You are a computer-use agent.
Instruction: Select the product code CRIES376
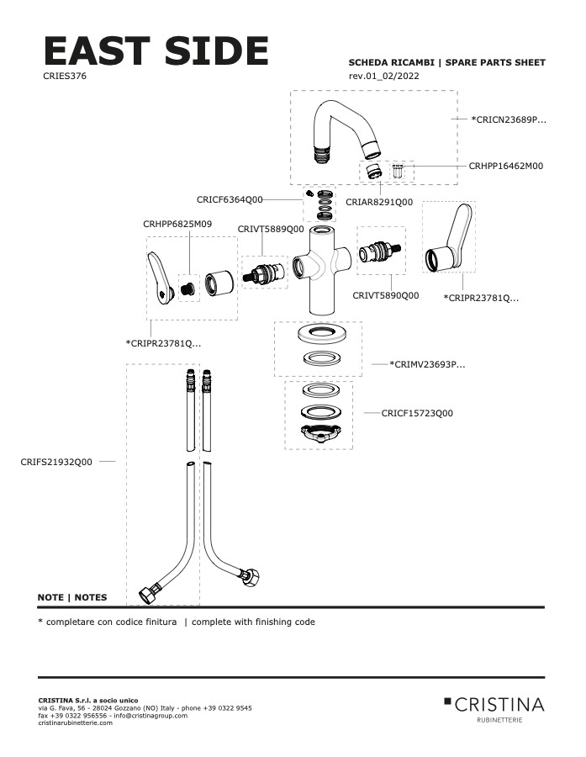point(65,76)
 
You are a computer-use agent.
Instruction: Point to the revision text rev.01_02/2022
point(383,77)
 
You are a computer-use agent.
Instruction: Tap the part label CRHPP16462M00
point(505,167)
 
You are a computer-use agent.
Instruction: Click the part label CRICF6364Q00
point(230,200)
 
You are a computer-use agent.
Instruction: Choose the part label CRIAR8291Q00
point(379,203)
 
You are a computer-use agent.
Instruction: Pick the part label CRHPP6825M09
point(177,224)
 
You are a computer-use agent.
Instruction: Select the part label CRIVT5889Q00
point(270,229)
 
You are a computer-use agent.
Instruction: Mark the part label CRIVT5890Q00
point(385,295)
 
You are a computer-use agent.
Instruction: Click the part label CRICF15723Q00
point(417,413)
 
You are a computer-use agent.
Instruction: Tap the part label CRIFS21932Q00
point(56,462)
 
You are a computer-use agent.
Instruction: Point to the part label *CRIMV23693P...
point(427,364)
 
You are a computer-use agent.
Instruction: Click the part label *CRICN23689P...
point(509,120)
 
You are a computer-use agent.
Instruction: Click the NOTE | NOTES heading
point(72,597)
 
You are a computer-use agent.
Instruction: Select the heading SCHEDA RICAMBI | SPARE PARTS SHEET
point(446,62)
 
